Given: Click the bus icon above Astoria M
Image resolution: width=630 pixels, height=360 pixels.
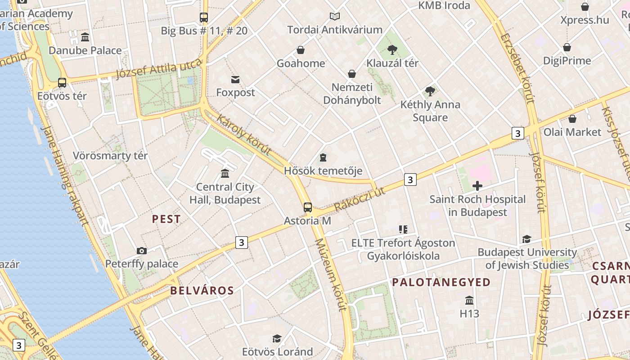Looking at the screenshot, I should coord(308,207).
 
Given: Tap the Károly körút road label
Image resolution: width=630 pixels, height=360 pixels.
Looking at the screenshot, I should coord(244,135).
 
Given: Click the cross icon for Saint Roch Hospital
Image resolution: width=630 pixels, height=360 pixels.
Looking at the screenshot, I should coord(477,185).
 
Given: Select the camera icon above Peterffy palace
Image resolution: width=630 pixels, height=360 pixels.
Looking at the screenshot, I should coord(142,251).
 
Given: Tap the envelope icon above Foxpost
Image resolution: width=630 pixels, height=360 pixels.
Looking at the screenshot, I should coord(235,80).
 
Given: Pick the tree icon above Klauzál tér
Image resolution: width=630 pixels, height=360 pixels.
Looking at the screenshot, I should coord(392,49).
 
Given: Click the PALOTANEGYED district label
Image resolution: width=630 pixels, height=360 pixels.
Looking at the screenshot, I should coord(441,283).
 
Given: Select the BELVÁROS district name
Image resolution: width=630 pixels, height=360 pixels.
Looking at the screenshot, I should coord(202,291).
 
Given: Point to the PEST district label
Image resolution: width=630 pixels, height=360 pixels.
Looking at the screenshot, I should coord(166,219).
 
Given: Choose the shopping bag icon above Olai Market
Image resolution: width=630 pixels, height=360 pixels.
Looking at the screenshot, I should coord(572,119).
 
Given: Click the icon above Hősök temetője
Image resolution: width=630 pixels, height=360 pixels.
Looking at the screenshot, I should coord(323,157).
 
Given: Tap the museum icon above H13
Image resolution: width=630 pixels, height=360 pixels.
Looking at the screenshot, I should coord(469,300).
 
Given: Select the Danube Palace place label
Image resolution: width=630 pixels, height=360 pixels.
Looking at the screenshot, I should coord(85,50).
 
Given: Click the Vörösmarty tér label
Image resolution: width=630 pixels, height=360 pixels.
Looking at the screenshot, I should coord(110,156).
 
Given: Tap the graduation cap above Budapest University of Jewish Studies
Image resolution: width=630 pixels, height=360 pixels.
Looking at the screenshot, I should coord(526,239).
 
